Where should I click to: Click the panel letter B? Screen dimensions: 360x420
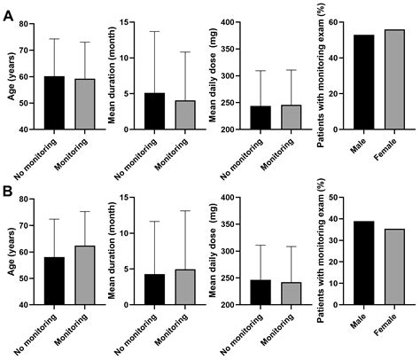click(x=8, y=192)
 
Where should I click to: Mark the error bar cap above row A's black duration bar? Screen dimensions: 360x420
click(x=154, y=32)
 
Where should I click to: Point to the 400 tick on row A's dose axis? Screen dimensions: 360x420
click(x=232, y=22)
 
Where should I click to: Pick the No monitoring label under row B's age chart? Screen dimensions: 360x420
click(x=49, y=330)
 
